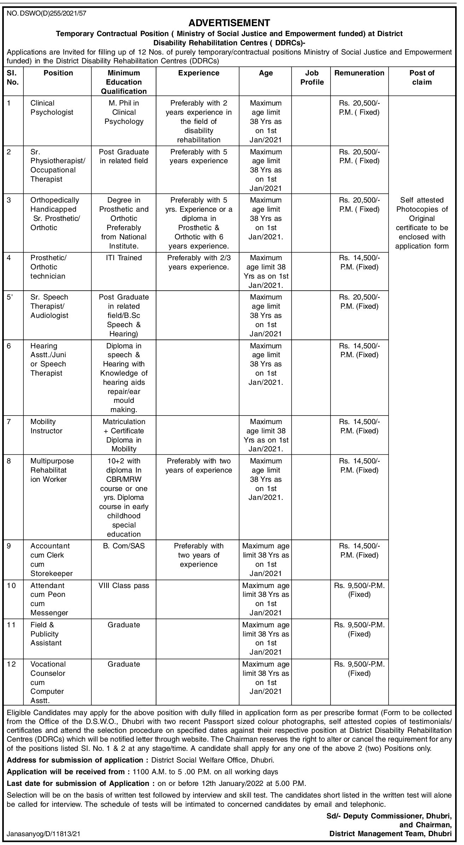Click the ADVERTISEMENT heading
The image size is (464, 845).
229,23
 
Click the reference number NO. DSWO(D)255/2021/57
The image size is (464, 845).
46,14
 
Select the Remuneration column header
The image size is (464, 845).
359,73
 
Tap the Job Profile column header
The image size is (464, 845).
312,78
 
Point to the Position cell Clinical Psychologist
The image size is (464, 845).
52,108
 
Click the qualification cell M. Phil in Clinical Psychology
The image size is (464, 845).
124,113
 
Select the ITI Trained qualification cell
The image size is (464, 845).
124,258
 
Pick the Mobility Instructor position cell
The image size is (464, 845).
46,426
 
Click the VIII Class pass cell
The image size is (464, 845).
124,586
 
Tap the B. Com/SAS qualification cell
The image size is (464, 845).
124,546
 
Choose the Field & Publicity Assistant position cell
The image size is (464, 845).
46,634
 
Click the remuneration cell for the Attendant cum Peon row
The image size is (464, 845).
359,590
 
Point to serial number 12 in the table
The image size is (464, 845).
11,664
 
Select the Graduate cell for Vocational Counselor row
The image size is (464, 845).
124,664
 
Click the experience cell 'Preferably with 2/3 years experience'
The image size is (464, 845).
198,262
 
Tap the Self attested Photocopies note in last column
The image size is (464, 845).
421,223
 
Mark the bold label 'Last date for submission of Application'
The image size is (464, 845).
78,783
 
